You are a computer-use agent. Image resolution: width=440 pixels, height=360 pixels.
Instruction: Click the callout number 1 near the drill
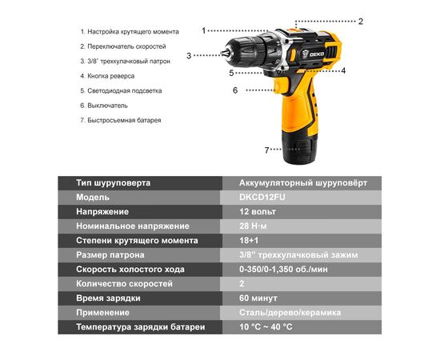(204, 30)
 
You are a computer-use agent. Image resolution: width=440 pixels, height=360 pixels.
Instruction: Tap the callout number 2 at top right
(361, 22)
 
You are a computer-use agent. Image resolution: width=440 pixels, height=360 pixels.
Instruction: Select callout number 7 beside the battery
(267, 150)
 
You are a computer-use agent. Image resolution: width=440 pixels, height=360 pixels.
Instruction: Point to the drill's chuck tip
(224, 55)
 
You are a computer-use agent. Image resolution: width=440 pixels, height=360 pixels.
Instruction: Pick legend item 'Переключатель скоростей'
(128, 46)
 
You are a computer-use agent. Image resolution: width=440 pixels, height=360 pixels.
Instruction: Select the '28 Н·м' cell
(254, 226)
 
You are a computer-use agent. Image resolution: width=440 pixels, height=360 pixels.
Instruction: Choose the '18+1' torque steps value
(250, 240)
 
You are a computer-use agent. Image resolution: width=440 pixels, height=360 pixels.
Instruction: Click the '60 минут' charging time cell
(258, 298)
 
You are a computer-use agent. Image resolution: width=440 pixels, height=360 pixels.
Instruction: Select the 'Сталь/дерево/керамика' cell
(290, 312)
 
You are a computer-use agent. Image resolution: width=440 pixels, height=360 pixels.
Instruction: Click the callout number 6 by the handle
(235, 90)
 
